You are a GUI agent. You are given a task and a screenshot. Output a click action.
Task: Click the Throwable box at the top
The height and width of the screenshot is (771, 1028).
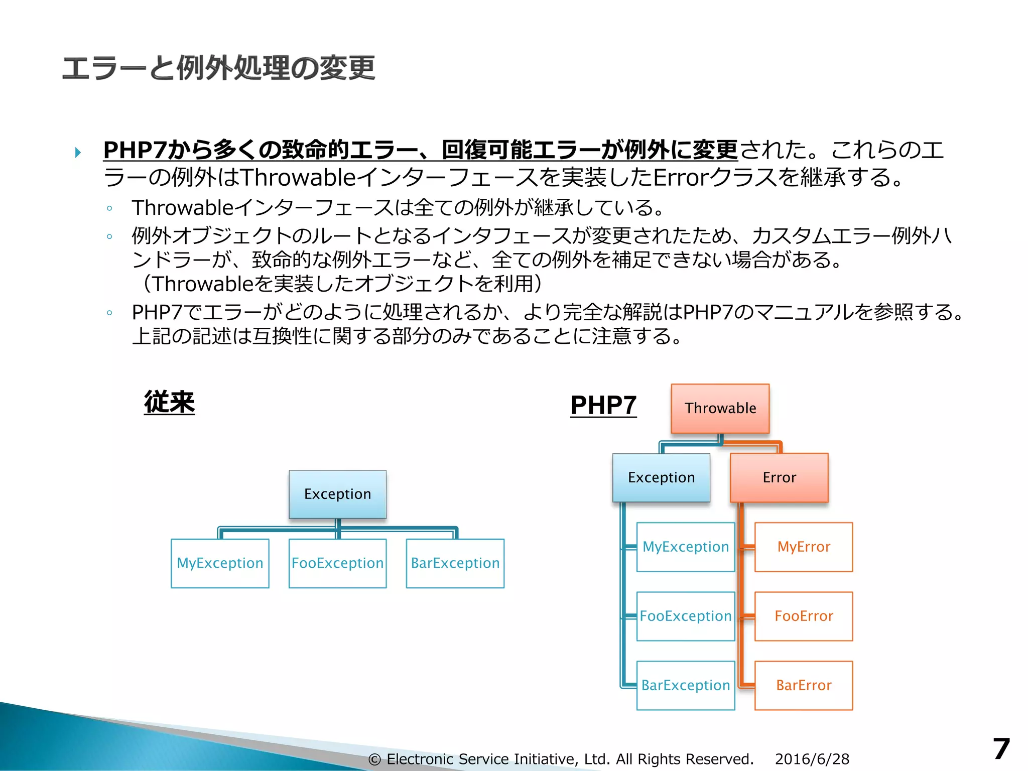tap(720, 409)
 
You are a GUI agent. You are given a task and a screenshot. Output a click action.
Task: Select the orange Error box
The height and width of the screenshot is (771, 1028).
tap(779, 477)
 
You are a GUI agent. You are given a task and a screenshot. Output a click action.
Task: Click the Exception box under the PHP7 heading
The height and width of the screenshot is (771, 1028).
tap(661, 477)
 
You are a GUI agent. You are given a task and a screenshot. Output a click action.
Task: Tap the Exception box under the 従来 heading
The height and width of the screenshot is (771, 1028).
tap(337, 494)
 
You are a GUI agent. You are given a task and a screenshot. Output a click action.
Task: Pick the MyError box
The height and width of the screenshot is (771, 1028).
tap(804, 547)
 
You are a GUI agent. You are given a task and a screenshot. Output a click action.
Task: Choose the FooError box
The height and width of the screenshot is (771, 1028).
tap(804, 616)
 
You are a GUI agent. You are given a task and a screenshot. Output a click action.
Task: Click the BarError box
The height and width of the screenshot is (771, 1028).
tap(804, 685)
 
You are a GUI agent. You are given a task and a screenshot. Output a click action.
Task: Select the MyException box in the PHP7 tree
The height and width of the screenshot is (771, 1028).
tap(686, 547)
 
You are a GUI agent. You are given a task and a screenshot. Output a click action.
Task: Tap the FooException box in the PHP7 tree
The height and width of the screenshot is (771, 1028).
tap(686, 616)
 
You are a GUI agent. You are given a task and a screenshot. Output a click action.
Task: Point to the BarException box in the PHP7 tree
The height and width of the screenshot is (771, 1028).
tap(686, 685)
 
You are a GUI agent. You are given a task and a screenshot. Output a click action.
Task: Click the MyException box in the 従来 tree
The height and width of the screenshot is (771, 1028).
tap(220, 563)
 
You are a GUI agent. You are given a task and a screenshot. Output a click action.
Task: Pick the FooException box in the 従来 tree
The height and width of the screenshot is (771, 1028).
tap(337, 563)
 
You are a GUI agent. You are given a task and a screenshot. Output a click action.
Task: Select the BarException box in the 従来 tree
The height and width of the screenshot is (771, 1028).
tap(455, 563)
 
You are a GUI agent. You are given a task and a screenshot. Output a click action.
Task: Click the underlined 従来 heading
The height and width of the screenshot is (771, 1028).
tap(169, 403)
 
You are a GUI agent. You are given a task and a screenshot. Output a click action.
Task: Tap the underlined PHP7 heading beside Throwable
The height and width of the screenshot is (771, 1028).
tap(603, 406)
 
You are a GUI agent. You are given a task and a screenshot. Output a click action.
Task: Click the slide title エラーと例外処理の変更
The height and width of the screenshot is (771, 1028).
tap(218, 68)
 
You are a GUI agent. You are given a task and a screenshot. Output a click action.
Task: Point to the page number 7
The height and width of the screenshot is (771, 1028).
tap(1001, 749)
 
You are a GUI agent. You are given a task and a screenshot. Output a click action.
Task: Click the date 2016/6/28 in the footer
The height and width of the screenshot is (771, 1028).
tap(812, 759)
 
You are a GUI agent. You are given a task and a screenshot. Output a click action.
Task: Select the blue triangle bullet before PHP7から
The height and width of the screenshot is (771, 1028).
tap(78, 152)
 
